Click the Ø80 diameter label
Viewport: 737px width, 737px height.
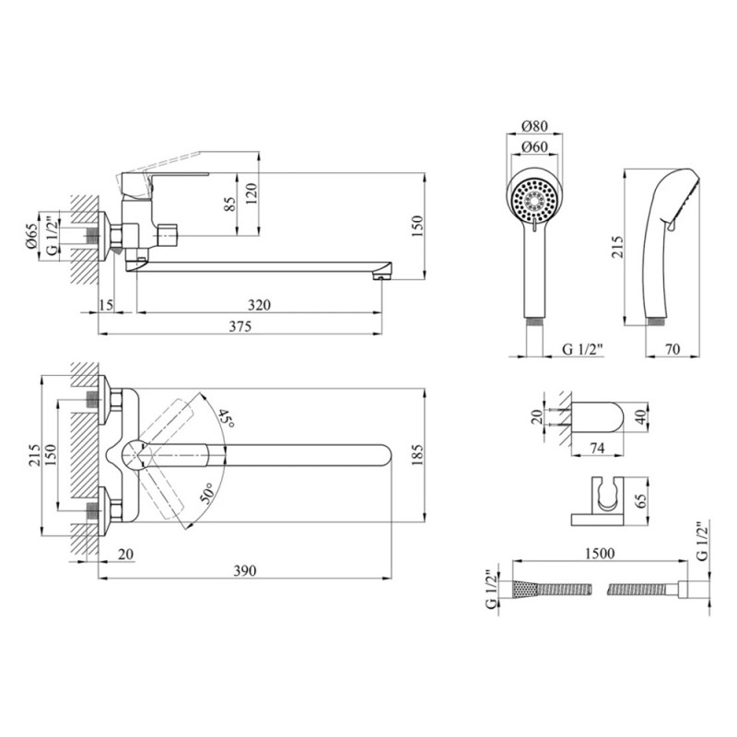[534, 126]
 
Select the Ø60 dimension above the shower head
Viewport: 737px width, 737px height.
[534, 147]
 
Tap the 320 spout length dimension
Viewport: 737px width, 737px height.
[259, 305]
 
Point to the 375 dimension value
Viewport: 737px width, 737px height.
[240, 326]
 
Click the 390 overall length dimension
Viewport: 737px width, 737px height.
[245, 570]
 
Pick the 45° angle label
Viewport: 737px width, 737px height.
[227, 418]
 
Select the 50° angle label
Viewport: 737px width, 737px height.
[207, 493]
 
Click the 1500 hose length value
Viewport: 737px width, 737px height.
[600, 554]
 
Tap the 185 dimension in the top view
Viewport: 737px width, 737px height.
[417, 454]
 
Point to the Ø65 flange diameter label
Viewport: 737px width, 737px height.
[32, 236]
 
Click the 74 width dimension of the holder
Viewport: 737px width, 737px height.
[596, 449]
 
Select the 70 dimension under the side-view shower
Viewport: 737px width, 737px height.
[673, 349]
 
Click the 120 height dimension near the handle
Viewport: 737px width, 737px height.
[252, 193]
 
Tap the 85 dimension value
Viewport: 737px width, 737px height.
[230, 204]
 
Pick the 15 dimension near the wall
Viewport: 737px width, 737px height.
[106, 305]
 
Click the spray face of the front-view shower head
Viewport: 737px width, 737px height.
[535, 201]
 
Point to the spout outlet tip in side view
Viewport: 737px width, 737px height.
[380, 276]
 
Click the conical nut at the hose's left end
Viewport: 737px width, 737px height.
[523, 590]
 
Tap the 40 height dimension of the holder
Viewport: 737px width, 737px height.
[641, 417]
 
